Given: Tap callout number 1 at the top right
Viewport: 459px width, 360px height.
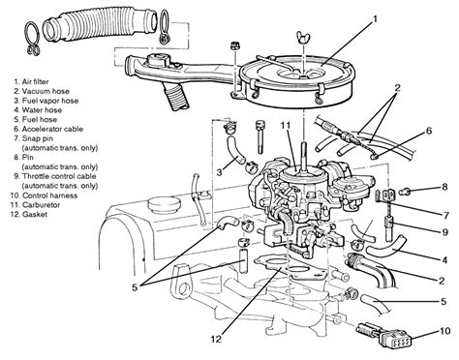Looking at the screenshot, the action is tap(375, 19).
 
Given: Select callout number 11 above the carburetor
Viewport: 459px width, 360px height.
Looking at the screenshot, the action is tap(286, 126).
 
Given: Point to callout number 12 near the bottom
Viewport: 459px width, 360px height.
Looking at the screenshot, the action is tap(217, 339).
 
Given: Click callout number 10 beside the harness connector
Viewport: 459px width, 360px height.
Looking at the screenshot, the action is tap(444, 331).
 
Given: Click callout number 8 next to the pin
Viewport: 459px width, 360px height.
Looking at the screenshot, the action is tap(445, 188).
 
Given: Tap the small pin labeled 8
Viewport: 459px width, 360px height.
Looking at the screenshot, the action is tap(404, 192).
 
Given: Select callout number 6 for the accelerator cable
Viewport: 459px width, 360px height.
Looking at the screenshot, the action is tap(428, 131).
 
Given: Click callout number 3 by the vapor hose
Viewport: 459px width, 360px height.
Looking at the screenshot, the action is tap(219, 172).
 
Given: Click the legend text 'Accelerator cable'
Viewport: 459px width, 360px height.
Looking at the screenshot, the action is tap(52, 129).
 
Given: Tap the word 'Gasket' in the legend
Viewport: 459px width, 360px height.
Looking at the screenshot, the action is tap(35, 214).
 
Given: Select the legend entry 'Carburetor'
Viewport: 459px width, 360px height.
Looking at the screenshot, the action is tap(41, 205).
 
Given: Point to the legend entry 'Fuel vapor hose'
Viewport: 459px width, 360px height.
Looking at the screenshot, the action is tap(50, 101).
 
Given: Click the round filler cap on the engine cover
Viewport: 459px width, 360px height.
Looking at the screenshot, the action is tap(163, 204).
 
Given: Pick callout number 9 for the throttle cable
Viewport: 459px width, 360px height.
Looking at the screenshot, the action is tap(445, 232).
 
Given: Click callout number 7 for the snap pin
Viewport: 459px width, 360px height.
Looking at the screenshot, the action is tap(446, 215).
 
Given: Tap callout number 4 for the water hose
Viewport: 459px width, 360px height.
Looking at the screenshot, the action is tap(444, 260).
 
